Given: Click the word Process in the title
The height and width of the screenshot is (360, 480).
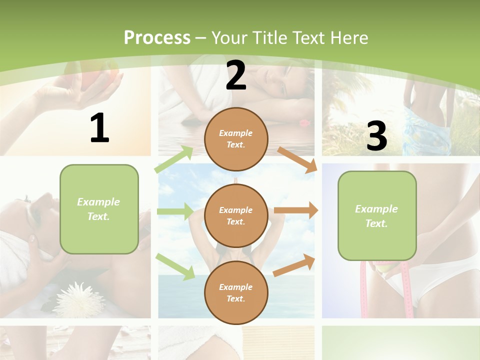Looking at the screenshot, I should tap(157, 38).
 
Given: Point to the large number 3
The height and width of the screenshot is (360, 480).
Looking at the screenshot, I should tap(376, 136).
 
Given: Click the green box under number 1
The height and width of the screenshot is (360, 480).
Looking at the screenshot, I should tap(99, 209).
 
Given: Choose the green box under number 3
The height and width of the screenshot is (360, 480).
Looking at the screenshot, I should tap(377, 216).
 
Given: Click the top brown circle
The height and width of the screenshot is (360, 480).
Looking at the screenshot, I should tap(236, 139).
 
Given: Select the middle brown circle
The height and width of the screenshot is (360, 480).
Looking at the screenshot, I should tap(236, 216).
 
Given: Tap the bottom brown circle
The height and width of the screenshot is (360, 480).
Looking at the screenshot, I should tap(236, 293).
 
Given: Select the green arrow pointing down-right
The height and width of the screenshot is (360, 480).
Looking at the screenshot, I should tap(175, 266).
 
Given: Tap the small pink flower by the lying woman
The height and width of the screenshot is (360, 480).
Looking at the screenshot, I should tap(303, 121).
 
